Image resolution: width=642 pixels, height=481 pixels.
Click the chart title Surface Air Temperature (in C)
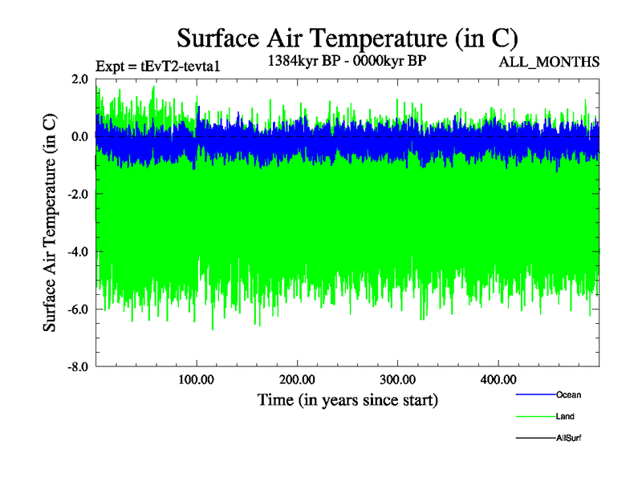coord(347,38)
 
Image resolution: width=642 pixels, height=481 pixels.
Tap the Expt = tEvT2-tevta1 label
coord(157,66)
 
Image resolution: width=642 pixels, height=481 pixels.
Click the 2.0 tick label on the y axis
coord(79,79)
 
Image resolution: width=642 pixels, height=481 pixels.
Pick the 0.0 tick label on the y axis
coord(79,137)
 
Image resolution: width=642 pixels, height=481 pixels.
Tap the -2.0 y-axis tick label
coord(78,194)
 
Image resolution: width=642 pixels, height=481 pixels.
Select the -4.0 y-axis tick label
coord(78,252)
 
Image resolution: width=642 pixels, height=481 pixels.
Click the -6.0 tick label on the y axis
coord(78,309)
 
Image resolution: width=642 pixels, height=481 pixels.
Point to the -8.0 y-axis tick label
coord(78,366)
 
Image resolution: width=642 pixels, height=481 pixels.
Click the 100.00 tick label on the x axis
coord(197,379)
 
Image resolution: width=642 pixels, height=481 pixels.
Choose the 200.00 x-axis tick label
coord(297,379)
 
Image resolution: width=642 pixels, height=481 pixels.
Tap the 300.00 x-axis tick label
coord(397,379)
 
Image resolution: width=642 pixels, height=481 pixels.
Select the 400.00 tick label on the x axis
coord(498,379)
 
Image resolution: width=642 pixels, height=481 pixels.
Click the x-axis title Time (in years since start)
coord(347,399)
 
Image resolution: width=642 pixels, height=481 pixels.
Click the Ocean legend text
coord(568,394)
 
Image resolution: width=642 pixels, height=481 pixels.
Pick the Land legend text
coord(565,417)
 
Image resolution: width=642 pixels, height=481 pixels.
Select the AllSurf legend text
coord(568,439)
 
